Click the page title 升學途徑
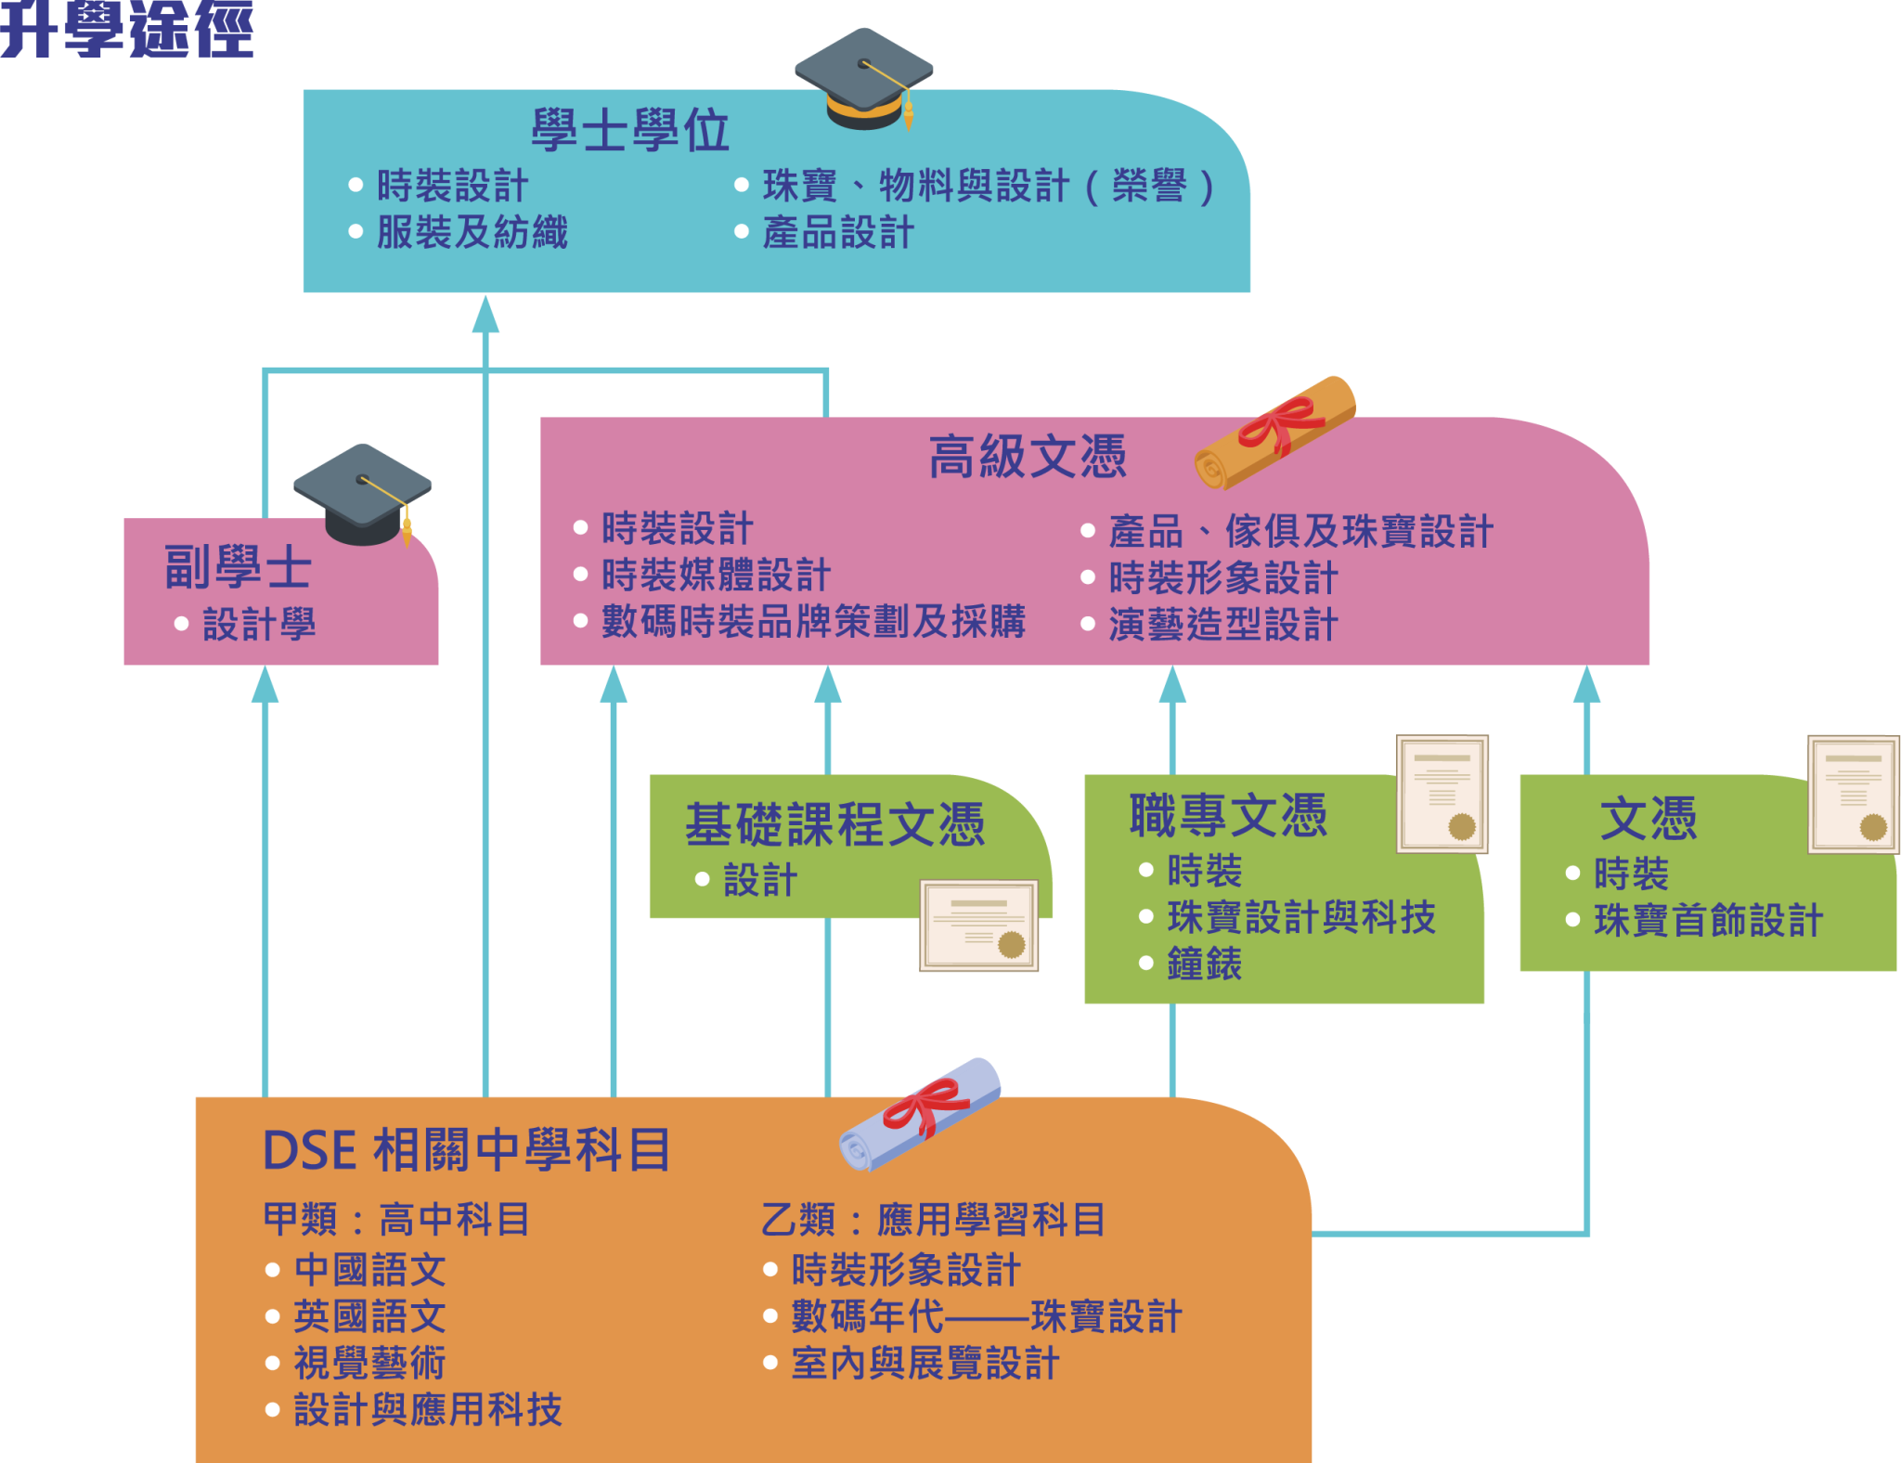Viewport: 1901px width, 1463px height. (x=127, y=32)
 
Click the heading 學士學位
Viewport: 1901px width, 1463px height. (x=630, y=131)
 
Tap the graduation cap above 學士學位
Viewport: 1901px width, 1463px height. (x=864, y=79)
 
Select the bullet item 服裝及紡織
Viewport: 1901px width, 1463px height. (x=472, y=233)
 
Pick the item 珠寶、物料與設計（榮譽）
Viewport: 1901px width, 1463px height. (x=988, y=187)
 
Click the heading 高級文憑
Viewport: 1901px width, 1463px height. (x=1028, y=457)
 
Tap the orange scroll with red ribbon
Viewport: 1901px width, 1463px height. (x=1275, y=433)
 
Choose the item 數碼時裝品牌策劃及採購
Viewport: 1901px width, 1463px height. (x=813, y=622)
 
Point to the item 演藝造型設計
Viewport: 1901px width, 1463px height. (x=1222, y=625)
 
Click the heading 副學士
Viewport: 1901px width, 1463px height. (x=238, y=567)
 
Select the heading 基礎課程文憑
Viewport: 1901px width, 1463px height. (x=834, y=824)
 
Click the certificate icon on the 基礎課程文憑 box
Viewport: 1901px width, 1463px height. (x=978, y=926)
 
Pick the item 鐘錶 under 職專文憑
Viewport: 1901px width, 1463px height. (x=1204, y=965)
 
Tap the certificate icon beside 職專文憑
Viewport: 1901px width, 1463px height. (x=1442, y=795)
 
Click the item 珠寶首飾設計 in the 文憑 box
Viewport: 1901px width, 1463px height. (x=1708, y=921)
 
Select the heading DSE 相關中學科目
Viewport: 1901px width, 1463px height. (x=467, y=1150)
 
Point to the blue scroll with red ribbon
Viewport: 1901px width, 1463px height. (x=920, y=1114)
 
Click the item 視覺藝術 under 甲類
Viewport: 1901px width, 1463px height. (x=369, y=1364)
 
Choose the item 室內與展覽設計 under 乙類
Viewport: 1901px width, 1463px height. (x=925, y=1364)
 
